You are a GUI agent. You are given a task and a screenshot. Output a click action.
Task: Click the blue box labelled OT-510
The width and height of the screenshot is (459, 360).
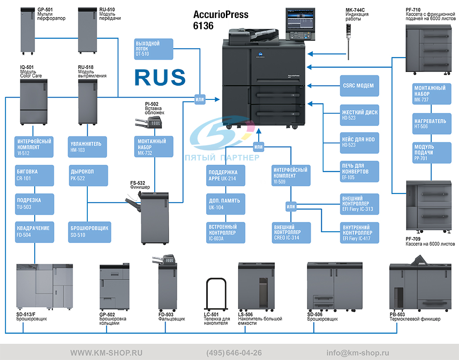tap(153, 49)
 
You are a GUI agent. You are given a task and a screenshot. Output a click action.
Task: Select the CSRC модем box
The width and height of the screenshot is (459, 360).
tap(359, 86)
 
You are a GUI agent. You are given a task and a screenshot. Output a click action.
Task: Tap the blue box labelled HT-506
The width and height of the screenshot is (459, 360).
tap(432, 123)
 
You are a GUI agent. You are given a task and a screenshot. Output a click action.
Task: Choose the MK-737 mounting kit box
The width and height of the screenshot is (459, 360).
tap(432, 94)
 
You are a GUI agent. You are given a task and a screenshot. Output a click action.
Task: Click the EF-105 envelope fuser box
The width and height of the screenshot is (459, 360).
tap(359, 171)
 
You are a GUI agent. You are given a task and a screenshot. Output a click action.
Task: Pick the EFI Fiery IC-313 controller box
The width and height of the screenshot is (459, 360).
tap(359, 204)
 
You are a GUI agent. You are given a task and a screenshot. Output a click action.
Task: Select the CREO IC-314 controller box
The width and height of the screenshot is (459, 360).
tap(291, 233)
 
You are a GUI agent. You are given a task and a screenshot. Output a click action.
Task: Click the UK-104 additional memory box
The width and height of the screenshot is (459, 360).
tap(225, 204)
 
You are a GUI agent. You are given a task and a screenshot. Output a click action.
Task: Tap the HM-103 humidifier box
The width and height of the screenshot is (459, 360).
tap(87, 147)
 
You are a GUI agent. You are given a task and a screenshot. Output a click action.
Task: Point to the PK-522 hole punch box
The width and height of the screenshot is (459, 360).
tap(88, 175)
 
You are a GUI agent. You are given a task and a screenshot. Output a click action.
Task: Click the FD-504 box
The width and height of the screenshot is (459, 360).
tap(35, 232)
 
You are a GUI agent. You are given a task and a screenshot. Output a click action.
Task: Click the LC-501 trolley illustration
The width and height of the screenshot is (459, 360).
tap(216, 294)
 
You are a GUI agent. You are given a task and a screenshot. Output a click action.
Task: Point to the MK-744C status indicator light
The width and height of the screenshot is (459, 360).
tap(348, 41)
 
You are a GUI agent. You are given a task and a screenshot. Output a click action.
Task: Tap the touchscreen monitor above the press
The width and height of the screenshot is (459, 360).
tap(300, 24)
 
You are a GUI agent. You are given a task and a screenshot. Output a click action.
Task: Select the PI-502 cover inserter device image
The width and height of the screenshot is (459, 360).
tap(148, 122)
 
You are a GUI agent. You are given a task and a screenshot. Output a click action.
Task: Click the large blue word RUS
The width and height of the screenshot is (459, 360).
tap(160, 77)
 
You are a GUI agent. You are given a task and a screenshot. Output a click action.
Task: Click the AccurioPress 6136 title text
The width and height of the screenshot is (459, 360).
tap(220, 20)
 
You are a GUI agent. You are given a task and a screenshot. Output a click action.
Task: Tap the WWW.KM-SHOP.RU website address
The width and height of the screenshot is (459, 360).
tap(106, 353)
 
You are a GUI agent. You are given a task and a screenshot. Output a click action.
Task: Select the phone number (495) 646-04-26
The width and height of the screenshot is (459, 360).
tap(234, 353)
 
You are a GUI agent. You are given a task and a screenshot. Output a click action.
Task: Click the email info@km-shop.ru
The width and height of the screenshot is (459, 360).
tap(358, 353)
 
